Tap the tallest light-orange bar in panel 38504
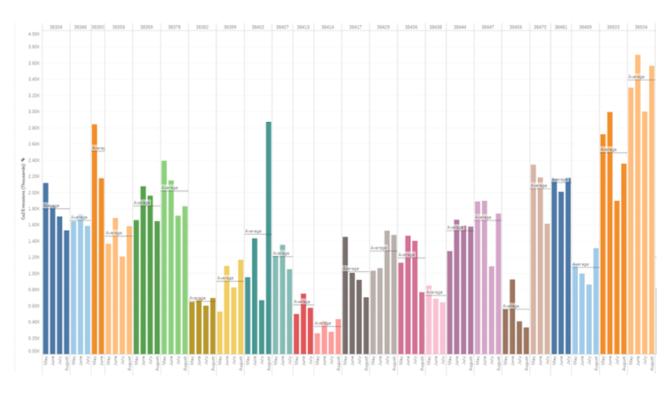(637, 203)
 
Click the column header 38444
(460, 27)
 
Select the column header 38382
(202, 27)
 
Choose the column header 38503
(614, 27)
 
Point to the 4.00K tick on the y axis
(34, 34)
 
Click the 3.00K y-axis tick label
(34, 111)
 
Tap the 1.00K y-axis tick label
(34, 273)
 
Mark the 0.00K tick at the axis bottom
(34, 351)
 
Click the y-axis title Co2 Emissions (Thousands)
(23, 188)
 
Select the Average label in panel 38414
(323, 323)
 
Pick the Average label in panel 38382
(197, 298)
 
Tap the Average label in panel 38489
(580, 264)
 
